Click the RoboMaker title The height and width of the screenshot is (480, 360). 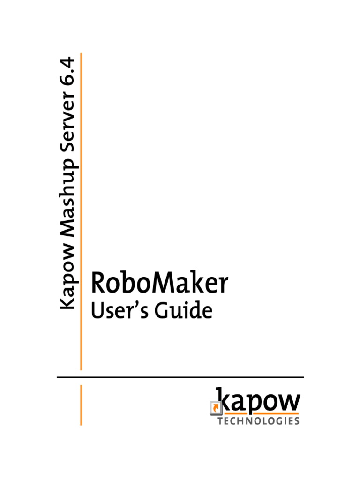[x=159, y=284]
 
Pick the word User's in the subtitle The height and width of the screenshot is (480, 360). [x=120, y=311]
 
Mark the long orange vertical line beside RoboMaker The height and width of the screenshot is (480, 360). [x=81, y=211]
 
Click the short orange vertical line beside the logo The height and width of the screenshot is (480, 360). [x=81, y=405]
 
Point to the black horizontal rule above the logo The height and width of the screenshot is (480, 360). [x=180, y=377]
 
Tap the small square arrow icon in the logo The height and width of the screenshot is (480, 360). [x=214, y=408]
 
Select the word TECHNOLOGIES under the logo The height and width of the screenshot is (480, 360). [x=258, y=421]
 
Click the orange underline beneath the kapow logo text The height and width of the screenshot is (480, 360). [x=260, y=414]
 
